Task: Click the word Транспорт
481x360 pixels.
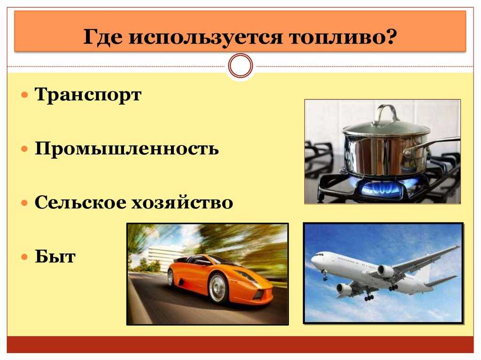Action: [88, 95]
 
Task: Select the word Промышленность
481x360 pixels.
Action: [127, 148]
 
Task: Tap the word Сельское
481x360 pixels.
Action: [80, 203]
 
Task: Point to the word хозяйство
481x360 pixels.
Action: [182, 203]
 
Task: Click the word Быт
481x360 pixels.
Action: [55, 256]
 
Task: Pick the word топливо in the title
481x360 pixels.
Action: [342, 38]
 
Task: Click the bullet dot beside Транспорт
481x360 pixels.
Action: [24, 95]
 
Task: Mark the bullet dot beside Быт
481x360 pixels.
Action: [24, 257]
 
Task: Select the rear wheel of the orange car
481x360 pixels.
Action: [171, 277]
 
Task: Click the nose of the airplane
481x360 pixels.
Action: [313, 260]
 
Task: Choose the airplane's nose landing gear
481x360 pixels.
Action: [324, 275]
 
